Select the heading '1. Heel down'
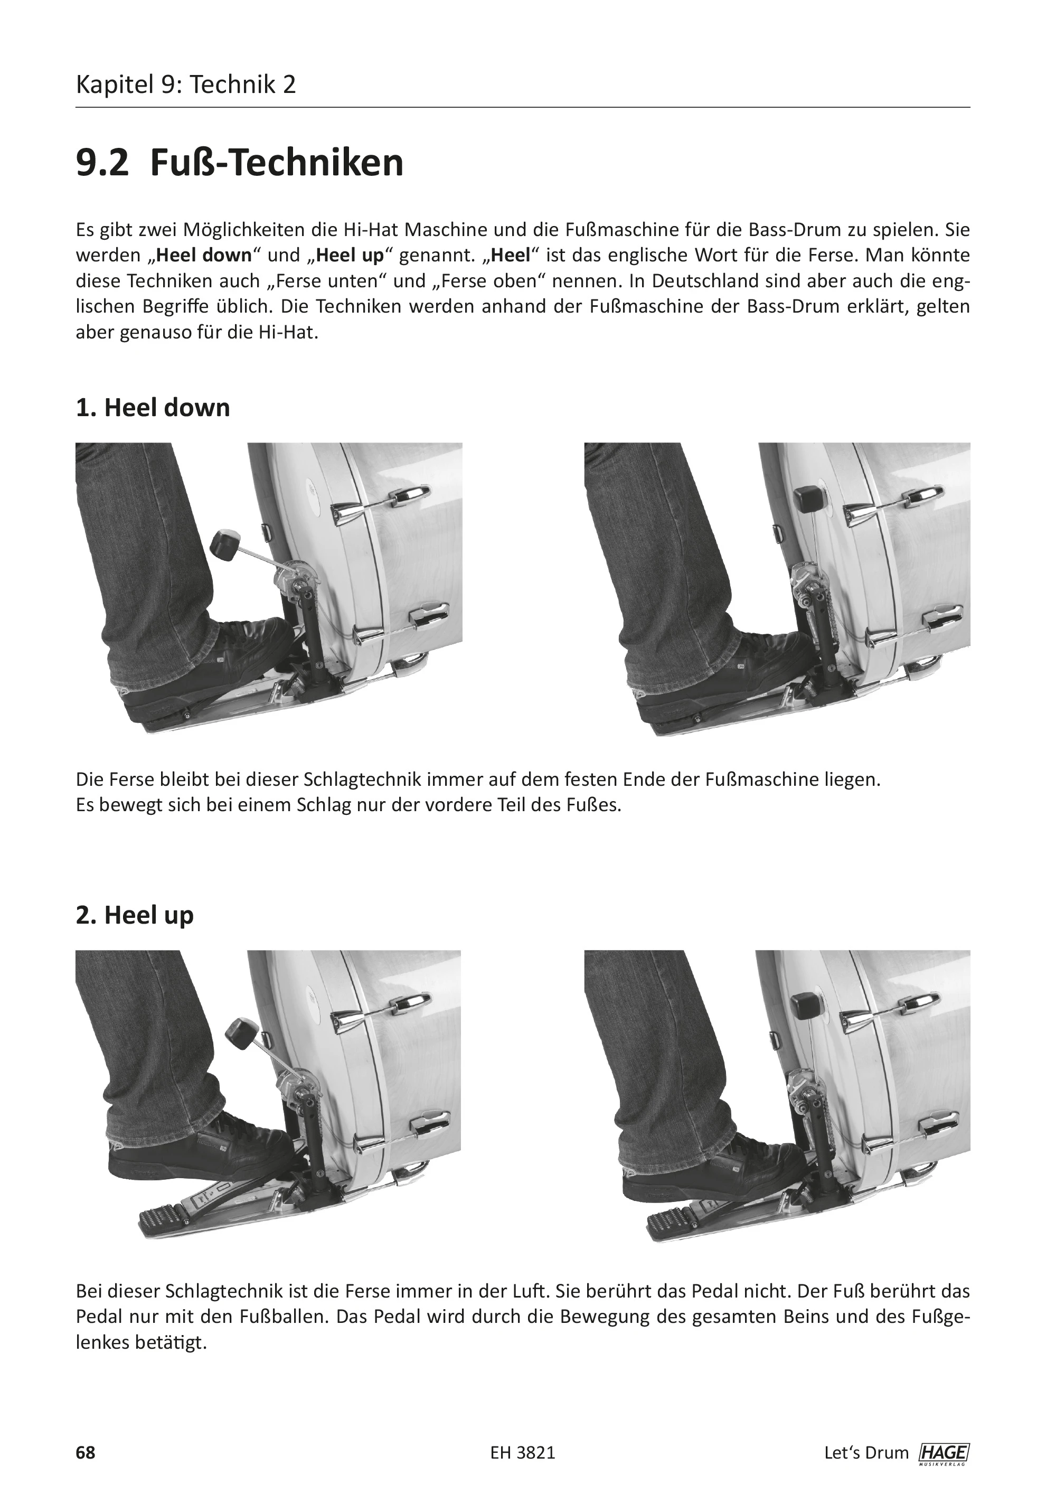[x=153, y=408]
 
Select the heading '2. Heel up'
[x=135, y=915]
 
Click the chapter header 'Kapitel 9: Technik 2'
[x=186, y=85]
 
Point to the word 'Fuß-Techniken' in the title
[x=277, y=163]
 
